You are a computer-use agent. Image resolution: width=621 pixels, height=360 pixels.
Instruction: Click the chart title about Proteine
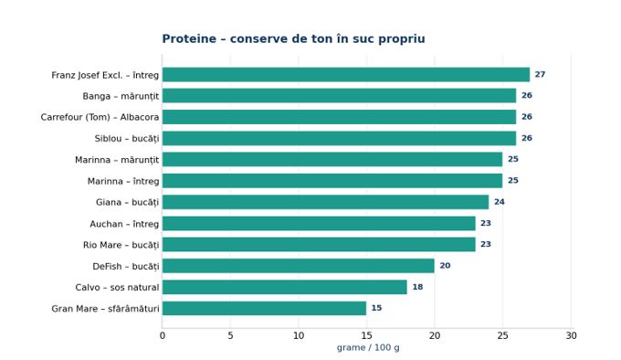pos(293,38)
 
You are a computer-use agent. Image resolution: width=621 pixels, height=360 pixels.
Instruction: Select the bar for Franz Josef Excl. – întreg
pos(346,74)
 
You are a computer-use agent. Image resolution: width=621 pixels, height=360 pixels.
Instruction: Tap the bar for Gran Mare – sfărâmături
pos(264,308)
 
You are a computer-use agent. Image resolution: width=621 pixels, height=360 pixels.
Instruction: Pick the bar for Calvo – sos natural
pos(284,287)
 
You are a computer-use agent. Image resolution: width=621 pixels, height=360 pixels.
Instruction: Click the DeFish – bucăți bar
pos(299,266)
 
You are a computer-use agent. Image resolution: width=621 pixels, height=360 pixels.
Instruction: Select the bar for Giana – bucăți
pos(325,202)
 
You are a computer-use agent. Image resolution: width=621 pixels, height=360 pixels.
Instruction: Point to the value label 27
pos(540,74)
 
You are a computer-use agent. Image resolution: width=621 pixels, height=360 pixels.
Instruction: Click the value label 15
pos(376,308)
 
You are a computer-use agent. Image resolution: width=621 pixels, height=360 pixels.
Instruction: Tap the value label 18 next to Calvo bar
pos(417,287)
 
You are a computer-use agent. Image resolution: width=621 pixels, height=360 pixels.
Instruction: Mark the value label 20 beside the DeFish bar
pos(445,266)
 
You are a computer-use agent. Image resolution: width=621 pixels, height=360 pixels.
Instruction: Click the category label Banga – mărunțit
pos(121,96)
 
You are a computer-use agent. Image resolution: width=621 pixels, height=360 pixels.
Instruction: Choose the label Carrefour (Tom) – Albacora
pos(100,117)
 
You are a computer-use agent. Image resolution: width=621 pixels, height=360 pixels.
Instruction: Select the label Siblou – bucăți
pos(127,139)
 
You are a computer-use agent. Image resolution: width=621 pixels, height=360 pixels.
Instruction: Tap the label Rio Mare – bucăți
pos(121,245)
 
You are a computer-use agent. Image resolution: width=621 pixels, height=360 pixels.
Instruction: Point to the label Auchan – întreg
pos(124,224)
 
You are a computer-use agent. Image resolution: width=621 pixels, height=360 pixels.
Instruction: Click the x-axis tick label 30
pos(571,336)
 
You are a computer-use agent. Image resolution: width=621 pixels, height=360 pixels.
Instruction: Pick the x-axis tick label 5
pos(230,336)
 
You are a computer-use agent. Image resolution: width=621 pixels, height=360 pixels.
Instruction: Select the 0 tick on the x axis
pos(163,336)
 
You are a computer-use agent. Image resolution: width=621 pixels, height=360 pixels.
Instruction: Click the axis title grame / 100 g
pos(368,348)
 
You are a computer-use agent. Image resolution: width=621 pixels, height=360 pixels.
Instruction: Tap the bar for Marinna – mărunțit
pos(332,159)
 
